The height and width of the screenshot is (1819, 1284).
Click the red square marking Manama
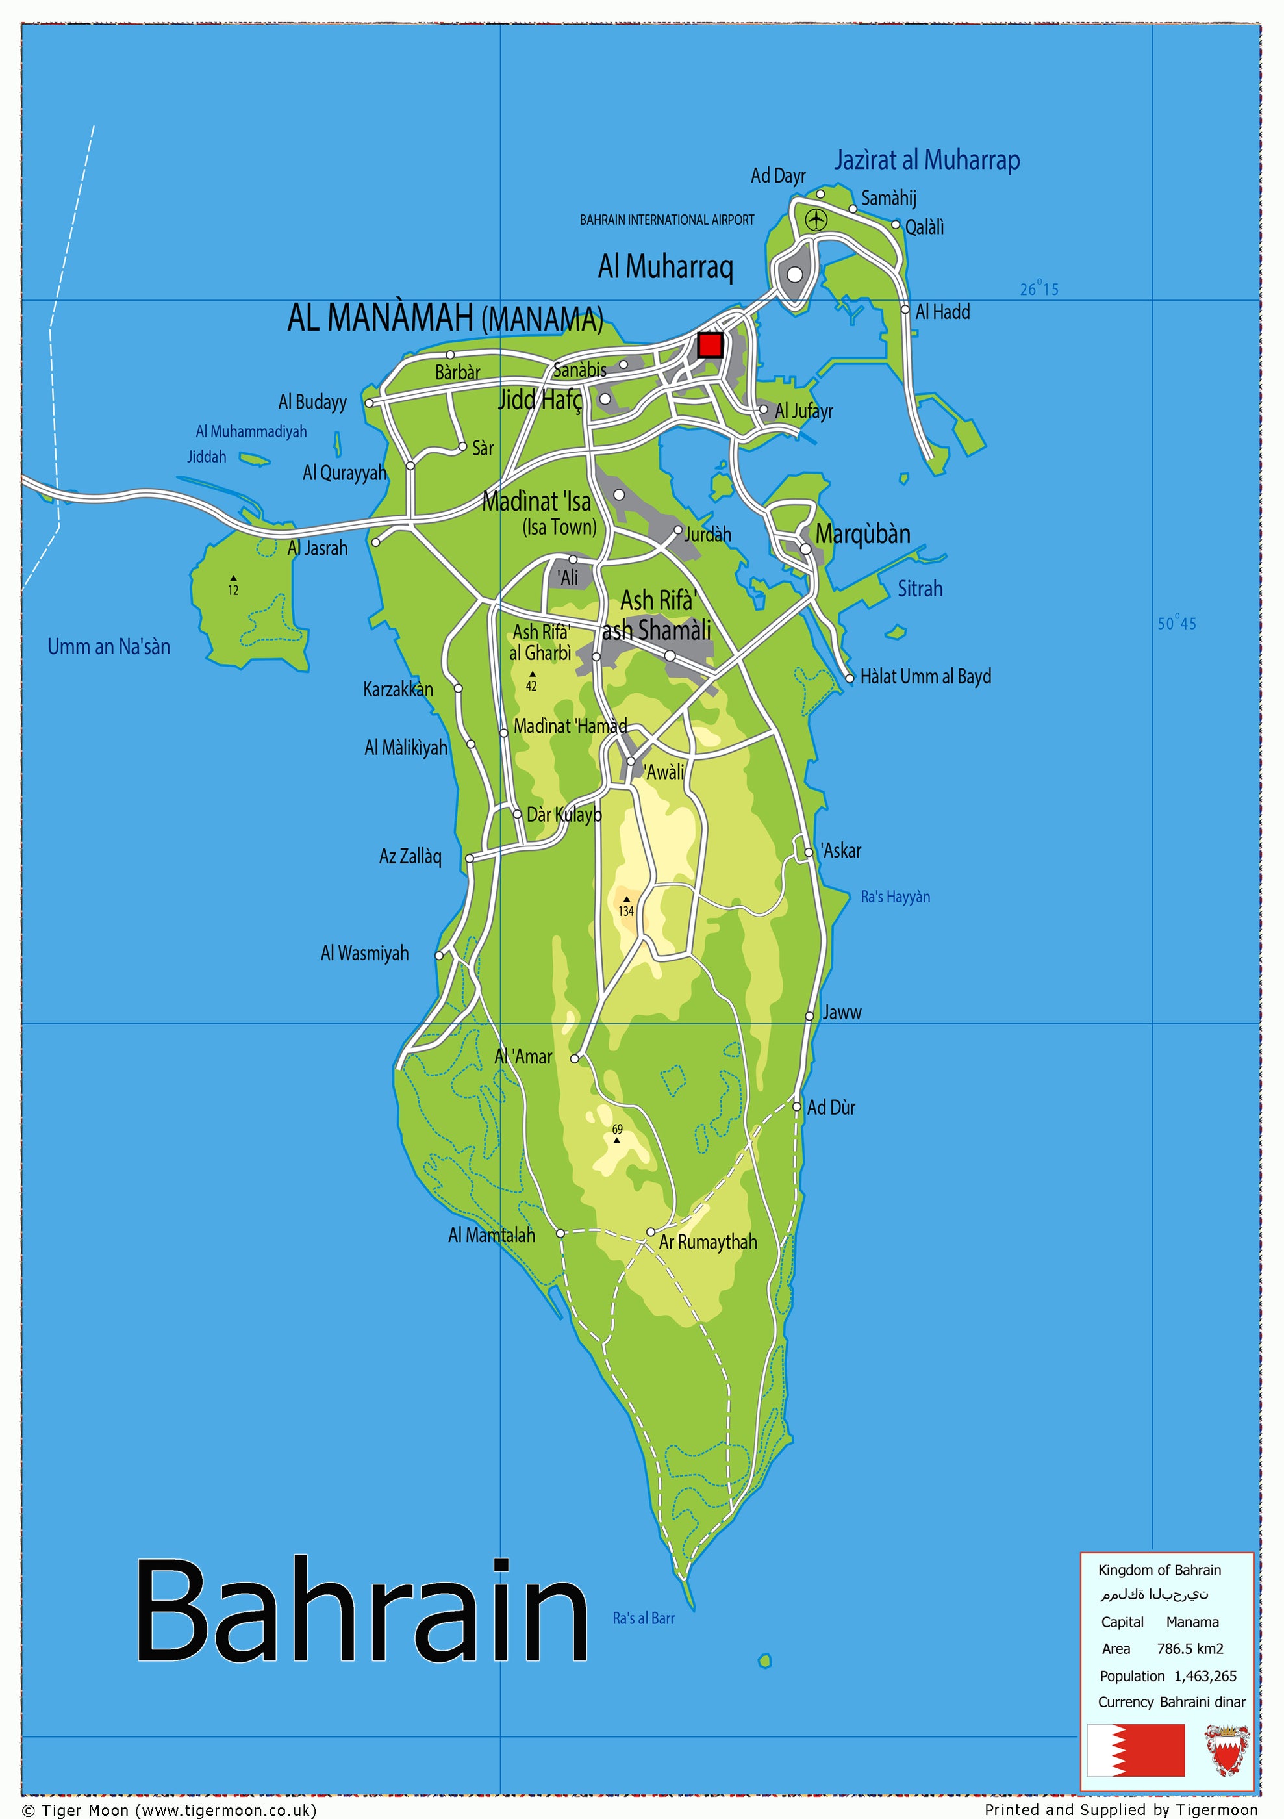point(710,346)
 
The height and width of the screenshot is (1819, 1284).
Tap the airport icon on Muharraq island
point(816,220)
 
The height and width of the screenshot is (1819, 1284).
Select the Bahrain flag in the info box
point(1136,1750)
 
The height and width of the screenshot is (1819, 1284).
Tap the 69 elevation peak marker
point(617,1140)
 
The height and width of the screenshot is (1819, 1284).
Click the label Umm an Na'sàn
point(108,646)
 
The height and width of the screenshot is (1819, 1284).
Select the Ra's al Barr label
point(643,1618)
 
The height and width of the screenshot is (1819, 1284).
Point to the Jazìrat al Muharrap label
point(927,160)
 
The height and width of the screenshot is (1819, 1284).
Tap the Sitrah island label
point(920,589)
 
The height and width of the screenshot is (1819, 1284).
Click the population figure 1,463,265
point(1205,1675)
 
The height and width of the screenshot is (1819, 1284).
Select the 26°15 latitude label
point(1039,289)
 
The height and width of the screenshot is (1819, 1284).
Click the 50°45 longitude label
point(1176,624)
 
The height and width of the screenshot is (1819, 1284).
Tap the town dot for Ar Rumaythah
point(650,1231)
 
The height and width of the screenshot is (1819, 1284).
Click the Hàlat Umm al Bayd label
point(925,676)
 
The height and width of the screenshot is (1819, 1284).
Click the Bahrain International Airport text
point(667,220)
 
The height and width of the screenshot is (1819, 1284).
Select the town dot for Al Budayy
point(369,403)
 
